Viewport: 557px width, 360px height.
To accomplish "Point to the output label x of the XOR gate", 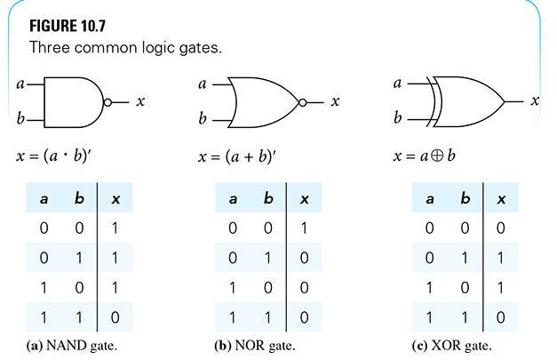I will pos(536,101).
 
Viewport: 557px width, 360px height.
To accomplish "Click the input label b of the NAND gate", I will pos(20,117).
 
